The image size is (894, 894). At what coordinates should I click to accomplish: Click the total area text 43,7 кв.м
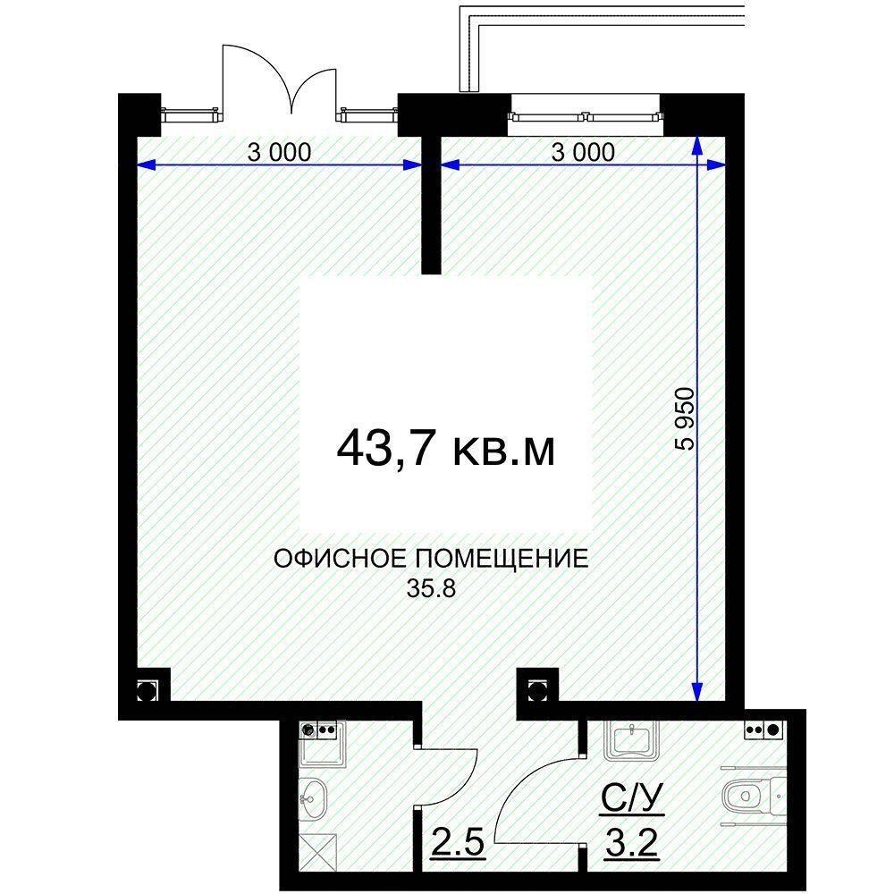point(445,448)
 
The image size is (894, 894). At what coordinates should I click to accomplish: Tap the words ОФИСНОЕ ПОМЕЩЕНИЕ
point(431,561)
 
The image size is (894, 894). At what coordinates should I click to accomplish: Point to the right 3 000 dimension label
point(583,152)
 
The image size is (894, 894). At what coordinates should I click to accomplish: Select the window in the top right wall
point(585,116)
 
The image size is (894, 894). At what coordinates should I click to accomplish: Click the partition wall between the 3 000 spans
point(431,201)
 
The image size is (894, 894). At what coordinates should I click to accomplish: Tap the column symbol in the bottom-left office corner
point(148,689)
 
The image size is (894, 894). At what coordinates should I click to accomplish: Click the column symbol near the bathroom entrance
point(536,689)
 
